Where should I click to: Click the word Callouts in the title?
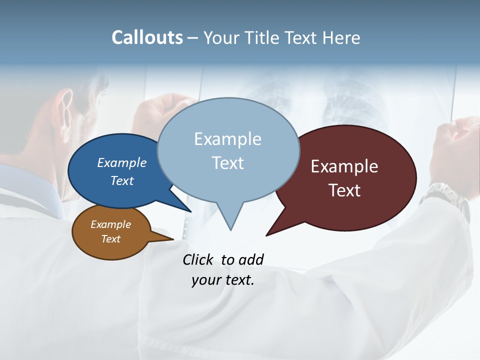tap(147, 38)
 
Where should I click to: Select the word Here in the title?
tap(341, 38)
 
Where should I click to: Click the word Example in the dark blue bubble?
tap(121, 162)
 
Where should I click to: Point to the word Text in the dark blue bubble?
tap(121, 180)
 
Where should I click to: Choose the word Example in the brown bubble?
tap(110, 224)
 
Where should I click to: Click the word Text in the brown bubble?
tap(110, 239)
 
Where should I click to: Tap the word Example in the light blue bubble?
tap(227, 139)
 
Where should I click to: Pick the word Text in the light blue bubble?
tap(227, 163)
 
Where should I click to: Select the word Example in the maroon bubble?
tap(344, 166)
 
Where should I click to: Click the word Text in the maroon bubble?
tap(344, 190)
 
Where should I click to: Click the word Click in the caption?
tap(198, 259)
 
